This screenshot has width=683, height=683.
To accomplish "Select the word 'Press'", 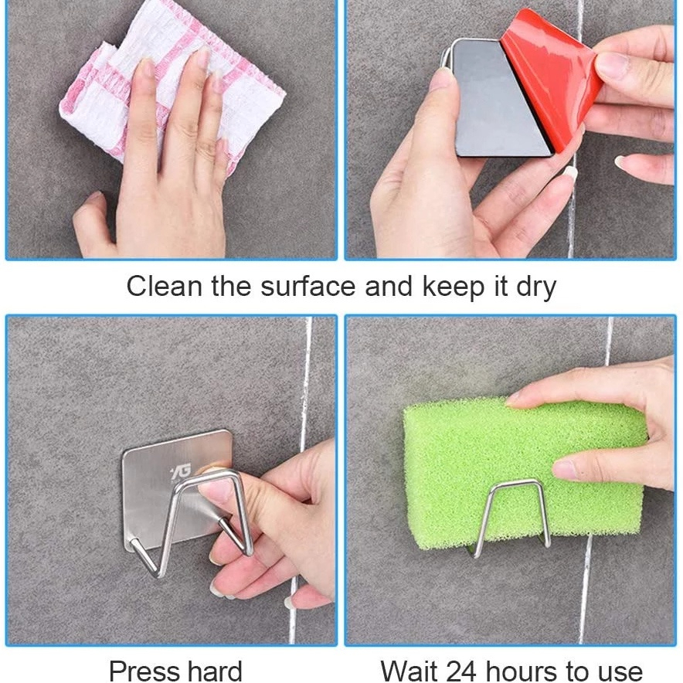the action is click(x=145, y=671).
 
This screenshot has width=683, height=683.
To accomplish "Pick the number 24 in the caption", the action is click(x=460, y=671).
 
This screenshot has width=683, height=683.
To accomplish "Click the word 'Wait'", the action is click(x=410, y=671).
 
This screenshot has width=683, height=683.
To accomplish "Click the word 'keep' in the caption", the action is click(x=454, y=288).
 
